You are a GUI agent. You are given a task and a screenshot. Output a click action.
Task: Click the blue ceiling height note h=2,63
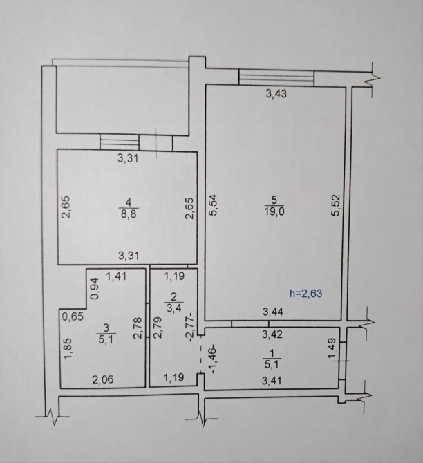tap(305, 294)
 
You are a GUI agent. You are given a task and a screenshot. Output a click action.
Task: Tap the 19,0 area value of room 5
tap(274, 211)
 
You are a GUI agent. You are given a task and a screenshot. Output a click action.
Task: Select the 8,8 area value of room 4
tap(129, 214)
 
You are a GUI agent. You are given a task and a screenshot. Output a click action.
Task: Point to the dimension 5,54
tap(213, 205)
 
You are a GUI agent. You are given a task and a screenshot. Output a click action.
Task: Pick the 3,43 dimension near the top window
tap(276, 94)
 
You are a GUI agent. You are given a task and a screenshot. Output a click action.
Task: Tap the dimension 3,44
tap(273, 312)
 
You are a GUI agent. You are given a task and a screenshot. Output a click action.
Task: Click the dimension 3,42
tap(272, 334)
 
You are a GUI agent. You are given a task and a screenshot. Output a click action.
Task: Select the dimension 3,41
tap(272, 381)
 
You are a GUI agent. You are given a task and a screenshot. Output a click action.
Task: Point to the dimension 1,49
tap(332, 349)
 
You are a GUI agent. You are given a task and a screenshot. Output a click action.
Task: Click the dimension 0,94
tap(95, 289)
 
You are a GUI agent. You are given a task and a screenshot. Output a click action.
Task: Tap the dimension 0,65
tap(73, 316)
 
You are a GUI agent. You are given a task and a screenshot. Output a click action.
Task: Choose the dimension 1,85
tap(68, 349)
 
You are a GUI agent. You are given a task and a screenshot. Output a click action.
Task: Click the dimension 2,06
tap(103, 379)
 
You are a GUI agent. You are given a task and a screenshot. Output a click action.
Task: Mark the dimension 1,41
tap(116, 276)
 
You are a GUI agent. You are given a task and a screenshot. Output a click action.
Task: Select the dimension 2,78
tap(138, 328)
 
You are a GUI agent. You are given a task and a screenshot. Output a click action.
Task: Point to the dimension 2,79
tap(158, 328)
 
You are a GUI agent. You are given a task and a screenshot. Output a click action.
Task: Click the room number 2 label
tap(173, 296)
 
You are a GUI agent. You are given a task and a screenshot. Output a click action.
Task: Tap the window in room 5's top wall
tap(276, 77)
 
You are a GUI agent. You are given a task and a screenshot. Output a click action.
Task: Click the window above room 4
tap(120, 142)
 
